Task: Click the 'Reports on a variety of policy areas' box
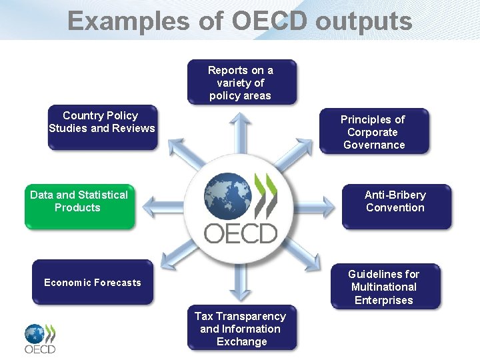pos(241,83)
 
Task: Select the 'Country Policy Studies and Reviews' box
pos(101,126)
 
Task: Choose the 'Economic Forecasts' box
pos(92,283)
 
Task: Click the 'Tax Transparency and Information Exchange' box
pos(241,329)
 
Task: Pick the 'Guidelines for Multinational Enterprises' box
pos(384,287)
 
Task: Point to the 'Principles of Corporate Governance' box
pos(373,132)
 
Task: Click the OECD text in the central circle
pos(240,233)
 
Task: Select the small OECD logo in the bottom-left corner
pos(40,339)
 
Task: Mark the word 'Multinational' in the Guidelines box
pos(384,287)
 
